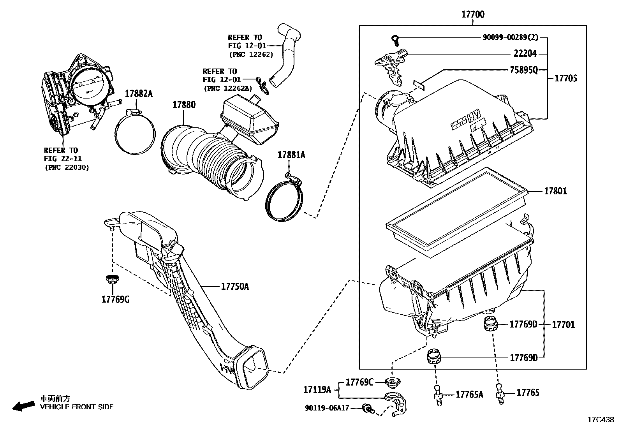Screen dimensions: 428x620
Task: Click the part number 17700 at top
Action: pyautogui.click(x=473, y=14)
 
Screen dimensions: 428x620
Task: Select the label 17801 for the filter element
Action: pyautogui.click(x=555, y=191)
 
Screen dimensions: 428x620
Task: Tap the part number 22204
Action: pyautogui.click(x=525, y=54)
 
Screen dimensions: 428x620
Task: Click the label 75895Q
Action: pyautogui.click(x=523, y=70)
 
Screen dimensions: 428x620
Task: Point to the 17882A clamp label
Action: pyautogui.click(x=138, y=94)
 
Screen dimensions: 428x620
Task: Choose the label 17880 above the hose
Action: pyautogui.click(x=184, y=105)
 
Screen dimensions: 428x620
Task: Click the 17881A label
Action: pyautogui.click(x=291, y=155)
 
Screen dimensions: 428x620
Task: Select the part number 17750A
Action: pyautogui.click(x=234, y=287)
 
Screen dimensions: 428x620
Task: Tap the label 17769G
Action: pyautogui.click(x=115, y=299)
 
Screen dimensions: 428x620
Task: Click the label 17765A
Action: pyautogui.click(x=469, y=395)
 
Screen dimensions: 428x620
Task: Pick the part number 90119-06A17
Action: pyautogui.click(x=327, y=408)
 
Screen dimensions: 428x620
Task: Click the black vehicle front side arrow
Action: pyautogui.click(x=23, y=406)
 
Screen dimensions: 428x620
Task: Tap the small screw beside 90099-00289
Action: pyautogui.click(x=395, y=38)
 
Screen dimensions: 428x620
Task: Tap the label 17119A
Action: pyautogui.click(x=317, y=389)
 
